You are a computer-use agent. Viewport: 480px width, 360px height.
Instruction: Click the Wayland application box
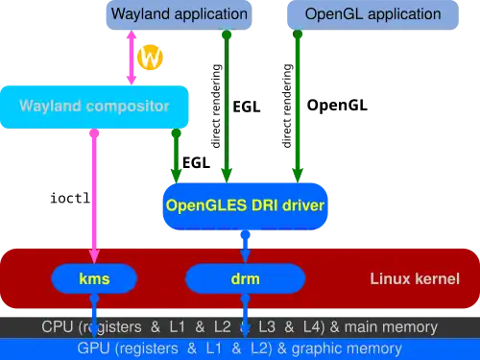click(x=179, y=14)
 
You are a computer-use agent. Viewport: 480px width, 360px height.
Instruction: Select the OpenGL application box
click(x=372, y=14)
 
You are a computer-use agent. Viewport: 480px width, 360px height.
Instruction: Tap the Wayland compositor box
click(x=94, y=106)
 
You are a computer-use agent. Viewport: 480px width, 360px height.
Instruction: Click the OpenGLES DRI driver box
click(x=245, y=204)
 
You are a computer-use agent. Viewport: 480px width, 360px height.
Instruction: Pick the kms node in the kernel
click(x=94, y=279)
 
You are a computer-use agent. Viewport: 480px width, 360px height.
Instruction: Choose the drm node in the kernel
click(x=245, y=279)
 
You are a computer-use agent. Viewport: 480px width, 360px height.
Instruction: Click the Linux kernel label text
click(x=415, y=279)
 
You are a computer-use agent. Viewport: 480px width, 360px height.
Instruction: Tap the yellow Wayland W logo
click(x=150, y=58)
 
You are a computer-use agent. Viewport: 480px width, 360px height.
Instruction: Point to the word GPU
click(x=94, y=348)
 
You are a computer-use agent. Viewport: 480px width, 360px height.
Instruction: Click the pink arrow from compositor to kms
click(x=94, y=192)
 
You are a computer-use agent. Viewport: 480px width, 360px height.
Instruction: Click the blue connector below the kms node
click(x=94, y=312)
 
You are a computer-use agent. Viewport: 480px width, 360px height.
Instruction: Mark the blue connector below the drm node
click(x=245, y=312)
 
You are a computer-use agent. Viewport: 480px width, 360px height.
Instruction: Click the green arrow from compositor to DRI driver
click(x=176, y=154)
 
